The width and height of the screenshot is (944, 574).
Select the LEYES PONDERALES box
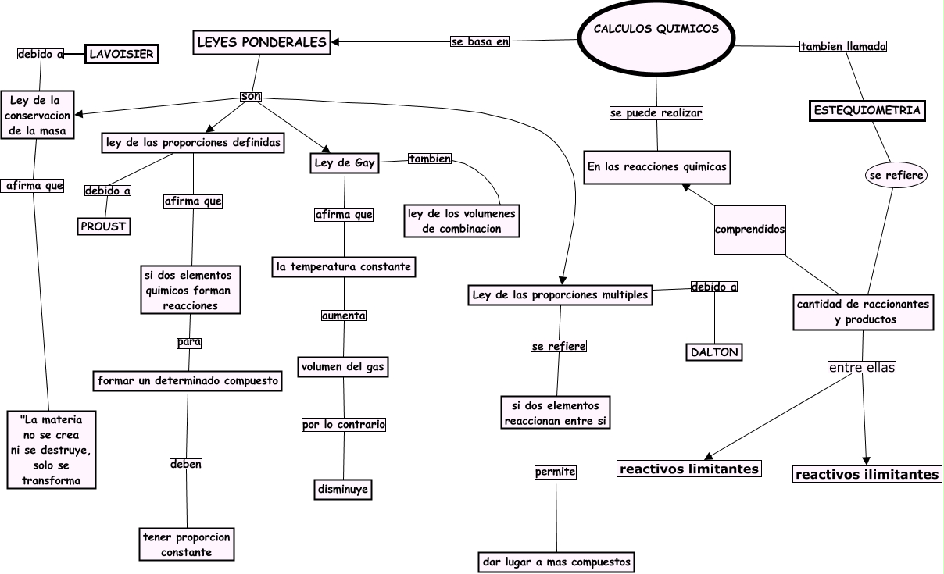point(261,42)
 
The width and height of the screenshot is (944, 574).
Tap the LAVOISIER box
point(121,54)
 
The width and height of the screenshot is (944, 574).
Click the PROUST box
point(103,226)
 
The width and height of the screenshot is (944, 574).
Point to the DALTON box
point(714,352)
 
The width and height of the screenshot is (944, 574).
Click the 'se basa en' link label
point(480,41)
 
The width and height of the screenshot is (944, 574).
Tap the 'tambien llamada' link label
point(843,46)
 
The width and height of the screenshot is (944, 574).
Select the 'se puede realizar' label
point(656,113)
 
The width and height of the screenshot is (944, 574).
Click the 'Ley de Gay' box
point(344,163)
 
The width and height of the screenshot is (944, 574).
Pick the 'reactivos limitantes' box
point(688,469)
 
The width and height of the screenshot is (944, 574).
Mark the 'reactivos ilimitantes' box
point(867,474)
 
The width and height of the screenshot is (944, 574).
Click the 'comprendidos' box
point(749,230)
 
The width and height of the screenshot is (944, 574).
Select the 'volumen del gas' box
point(343,365)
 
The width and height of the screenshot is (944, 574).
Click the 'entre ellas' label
point(861,367)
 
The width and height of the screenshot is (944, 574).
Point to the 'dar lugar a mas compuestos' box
point(556,562)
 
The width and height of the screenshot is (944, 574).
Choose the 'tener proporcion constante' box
point(187,544)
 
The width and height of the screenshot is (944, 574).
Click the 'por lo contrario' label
point(344,425)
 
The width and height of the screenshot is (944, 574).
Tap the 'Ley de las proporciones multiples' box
point(560,294)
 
